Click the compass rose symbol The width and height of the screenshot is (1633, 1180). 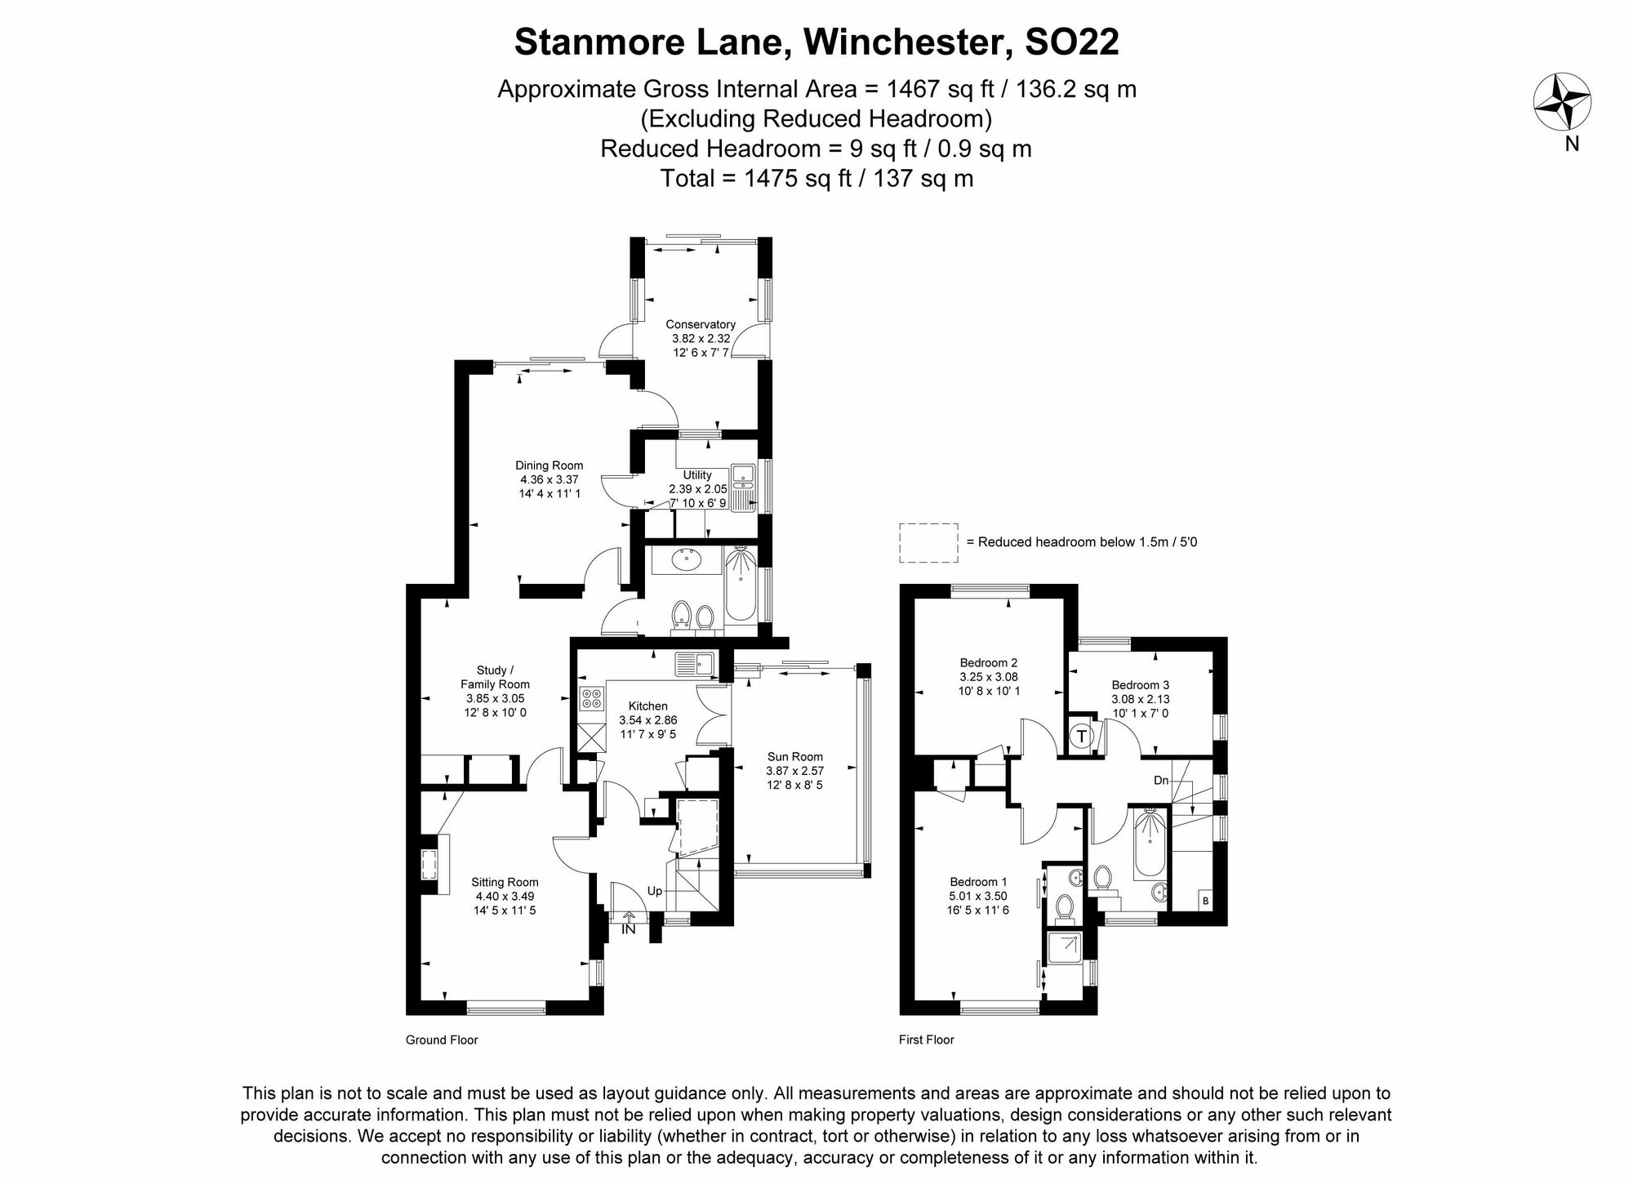[x=1562, y=102]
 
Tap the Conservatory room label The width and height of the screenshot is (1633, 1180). [x=701, y=324]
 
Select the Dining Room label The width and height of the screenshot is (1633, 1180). [x=550, y=465]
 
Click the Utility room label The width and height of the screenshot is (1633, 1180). [x=697, y=474]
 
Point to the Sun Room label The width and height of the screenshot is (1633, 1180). [x=794, y=756]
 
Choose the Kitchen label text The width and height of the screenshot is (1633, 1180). [x=648, y=706]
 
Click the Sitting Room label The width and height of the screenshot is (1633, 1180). [x=505, y=882]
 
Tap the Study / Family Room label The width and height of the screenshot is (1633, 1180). [x=495, y=677]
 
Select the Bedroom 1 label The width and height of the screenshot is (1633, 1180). [x=978, y=882]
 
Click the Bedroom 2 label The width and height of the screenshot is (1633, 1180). [x=989, y=662]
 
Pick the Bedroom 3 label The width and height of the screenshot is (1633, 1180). [x=1141, y=684]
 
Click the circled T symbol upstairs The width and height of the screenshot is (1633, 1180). [x=1082, y=737]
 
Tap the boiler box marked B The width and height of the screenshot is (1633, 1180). [x=1205, y=901]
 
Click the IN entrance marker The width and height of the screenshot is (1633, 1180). [x=629, y=928]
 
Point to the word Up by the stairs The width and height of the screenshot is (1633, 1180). [x=655, y=891]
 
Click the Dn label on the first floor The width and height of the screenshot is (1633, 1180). [x=1161, y=781]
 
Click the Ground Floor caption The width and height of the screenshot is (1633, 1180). [x=442, y=1040]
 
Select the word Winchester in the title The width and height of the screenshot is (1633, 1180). [x=903, y=42]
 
